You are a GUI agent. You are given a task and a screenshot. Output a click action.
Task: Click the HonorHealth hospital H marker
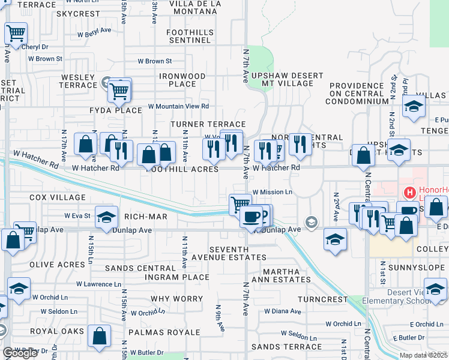(410, 193)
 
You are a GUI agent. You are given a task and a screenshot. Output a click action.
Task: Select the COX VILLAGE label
(58, 197)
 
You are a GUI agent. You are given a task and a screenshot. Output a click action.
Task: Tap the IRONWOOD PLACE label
(182, 80)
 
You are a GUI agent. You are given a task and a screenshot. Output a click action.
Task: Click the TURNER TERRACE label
(200, 123)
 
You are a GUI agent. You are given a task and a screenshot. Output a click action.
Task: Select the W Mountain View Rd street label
(178, 106)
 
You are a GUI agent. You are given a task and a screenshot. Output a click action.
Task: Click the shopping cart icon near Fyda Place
(119, 91)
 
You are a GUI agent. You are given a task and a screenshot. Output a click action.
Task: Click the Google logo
(20, 353)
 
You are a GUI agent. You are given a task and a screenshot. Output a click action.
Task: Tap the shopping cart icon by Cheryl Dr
(16, 34)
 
